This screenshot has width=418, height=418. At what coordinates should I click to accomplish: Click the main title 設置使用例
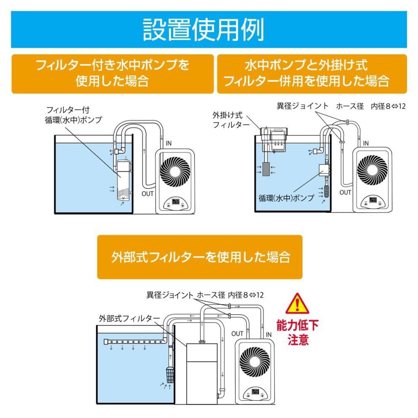[203, 29]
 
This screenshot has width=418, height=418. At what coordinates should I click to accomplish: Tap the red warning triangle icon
[297, 304]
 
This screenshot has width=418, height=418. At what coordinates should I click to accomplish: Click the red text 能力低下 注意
[297, 332]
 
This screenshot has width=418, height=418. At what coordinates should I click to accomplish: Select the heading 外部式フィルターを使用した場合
[200, 257]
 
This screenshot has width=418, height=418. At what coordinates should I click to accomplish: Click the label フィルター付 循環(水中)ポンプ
[73, 115]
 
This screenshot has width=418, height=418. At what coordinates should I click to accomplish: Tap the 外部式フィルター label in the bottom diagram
[129, 318]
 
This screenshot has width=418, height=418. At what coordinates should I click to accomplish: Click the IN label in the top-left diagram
[169, 143]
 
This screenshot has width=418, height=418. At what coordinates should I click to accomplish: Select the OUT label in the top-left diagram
[147, 194]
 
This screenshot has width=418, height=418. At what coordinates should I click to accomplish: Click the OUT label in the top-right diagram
[345, 192]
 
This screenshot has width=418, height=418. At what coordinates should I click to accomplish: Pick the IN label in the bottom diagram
[268, 334]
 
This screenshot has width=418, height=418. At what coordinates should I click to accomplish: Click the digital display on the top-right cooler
[373, 200]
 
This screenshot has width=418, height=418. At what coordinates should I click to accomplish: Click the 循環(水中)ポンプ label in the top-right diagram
[286, 198]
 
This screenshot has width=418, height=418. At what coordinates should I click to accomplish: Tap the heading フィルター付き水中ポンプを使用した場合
[112, 73]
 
